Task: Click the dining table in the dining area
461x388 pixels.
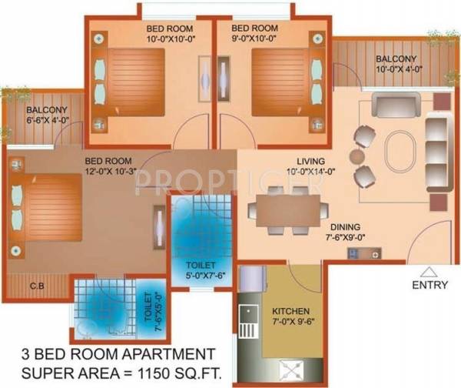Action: (286, 207)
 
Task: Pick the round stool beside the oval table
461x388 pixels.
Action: (357, 156)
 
